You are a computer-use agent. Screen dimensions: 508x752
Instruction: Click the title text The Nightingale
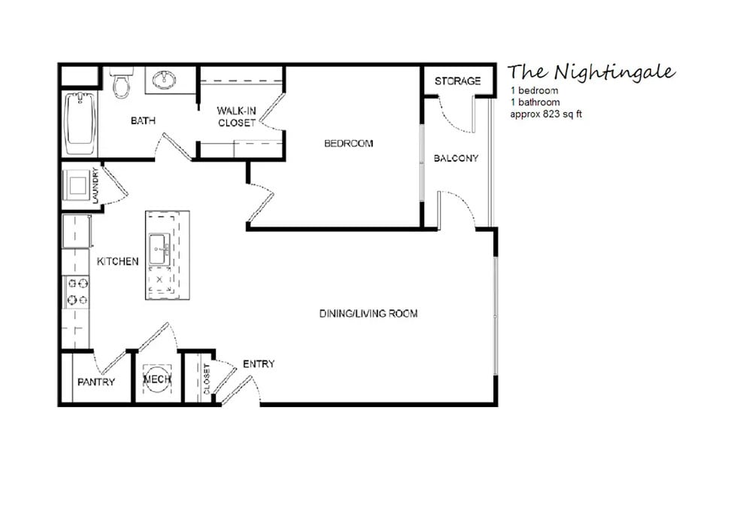591,72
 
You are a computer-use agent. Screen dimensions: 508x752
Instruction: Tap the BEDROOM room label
348,143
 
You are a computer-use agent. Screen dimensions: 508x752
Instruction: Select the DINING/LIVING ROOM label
368,314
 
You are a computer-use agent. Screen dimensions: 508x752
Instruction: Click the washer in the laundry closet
78,184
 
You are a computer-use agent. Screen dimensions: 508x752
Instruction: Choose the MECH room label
157,380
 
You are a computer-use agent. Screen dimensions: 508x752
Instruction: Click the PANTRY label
96,382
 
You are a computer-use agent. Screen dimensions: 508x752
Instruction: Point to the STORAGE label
457,81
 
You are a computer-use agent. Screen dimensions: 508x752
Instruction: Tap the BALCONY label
456,158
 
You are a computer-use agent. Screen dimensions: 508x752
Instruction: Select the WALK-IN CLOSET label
237,117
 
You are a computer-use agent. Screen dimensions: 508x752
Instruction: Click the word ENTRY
259,364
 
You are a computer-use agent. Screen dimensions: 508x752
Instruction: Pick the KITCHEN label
117,261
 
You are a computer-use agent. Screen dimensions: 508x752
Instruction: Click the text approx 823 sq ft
546,114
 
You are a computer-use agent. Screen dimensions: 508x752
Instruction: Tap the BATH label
143,120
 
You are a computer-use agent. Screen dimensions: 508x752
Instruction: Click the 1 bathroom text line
535,102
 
